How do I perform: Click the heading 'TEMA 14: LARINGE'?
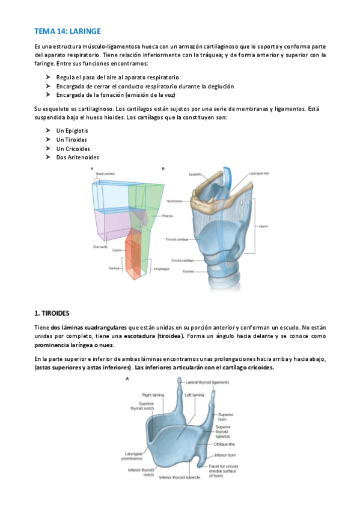click(x=67, y=30)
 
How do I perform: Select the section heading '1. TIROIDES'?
click(x=52, y=313)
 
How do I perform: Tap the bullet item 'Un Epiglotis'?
click(x=72, y=130)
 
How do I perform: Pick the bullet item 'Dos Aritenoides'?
click(x=77, y=157)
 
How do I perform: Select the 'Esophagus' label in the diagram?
click(x=162, y=269)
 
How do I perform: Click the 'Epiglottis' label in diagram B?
click(x=195, y=174)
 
